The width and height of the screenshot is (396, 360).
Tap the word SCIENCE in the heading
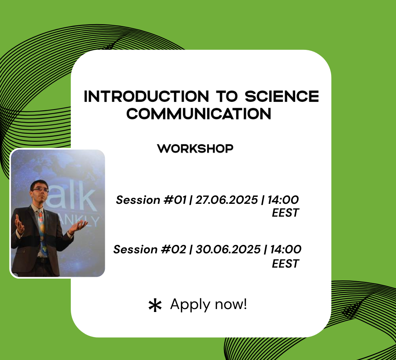coord(282,96)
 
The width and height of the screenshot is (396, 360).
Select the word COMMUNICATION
coord(198,114)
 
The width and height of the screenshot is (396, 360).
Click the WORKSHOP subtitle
coord(195,149)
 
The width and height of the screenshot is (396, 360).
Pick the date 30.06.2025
coord(228,250)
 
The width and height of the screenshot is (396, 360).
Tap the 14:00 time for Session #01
coord(283,200)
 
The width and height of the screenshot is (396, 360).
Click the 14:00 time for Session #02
coord(286,250)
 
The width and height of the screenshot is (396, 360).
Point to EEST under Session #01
coord(285,213)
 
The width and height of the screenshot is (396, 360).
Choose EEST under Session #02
coord(285,264)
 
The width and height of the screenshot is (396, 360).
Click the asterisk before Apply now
coord(155,305)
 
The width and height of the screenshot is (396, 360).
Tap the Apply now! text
coord(209,304)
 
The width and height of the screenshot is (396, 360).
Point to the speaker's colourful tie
coord(41,227)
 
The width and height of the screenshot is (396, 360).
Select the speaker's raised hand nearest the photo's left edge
coord(19,224)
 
